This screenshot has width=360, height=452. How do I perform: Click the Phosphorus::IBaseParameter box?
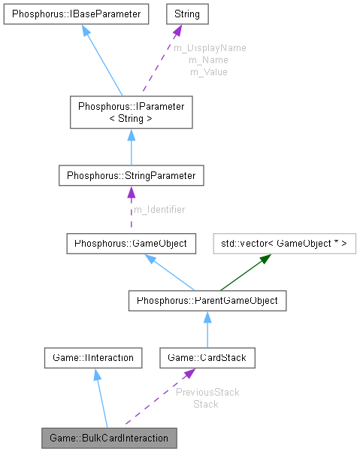[75, 14]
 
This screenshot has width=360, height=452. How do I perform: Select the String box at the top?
[186, 14]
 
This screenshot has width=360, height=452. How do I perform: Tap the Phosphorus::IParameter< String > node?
[131, 112]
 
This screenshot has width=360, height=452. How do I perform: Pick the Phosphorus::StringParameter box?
[131, 176]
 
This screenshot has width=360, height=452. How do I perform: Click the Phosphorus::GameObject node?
[132, 244]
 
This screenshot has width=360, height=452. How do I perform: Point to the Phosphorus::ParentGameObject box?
[207, 301]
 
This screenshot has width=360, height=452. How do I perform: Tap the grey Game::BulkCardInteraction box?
[110, 437]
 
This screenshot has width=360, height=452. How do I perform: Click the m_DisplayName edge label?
[210, 47]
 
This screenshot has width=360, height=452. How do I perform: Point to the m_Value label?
[208, 71]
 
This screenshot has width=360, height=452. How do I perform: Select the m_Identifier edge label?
[159, 209]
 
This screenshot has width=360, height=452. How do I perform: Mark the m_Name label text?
[208, 59]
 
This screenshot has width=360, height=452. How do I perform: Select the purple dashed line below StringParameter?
[131, 214]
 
